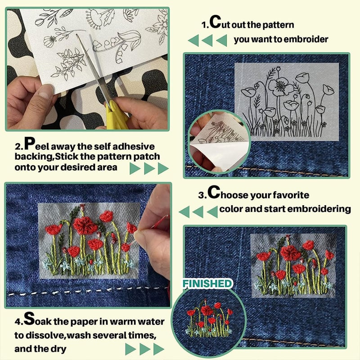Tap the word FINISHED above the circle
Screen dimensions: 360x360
coord(207,284)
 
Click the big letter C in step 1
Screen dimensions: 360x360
coord(215,22)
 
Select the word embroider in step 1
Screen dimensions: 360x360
coord(306,39)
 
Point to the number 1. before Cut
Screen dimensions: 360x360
coord(205,24)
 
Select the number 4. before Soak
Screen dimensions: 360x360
coord(17,322)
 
